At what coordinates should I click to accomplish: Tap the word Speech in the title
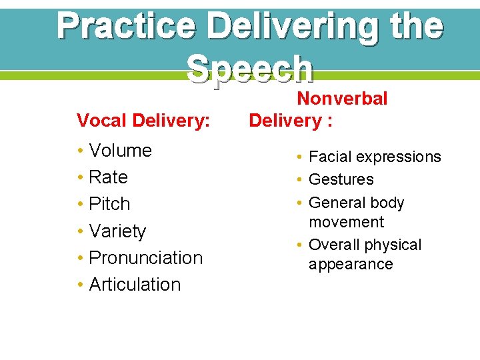pos(250,68)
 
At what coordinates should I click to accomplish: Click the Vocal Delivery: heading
pos(143,121)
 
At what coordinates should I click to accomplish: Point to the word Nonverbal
pos(341,99)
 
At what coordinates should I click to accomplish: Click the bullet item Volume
pos(120,151)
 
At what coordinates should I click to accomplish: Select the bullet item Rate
pos(108,177)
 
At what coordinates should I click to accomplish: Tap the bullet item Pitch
pos(109,204)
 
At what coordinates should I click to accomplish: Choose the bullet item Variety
pos(117,231)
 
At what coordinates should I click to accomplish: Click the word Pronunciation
pos(145,258)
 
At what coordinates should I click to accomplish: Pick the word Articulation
pos(135,285)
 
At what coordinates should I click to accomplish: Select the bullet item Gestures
pos(341,180)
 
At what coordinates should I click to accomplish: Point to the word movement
pos(346,222)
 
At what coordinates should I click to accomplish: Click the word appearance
pos(351,265)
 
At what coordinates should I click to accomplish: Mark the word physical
pos(393,245)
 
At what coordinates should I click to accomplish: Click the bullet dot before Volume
pos(80,151)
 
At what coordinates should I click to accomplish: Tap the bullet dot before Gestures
pos(301,180)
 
